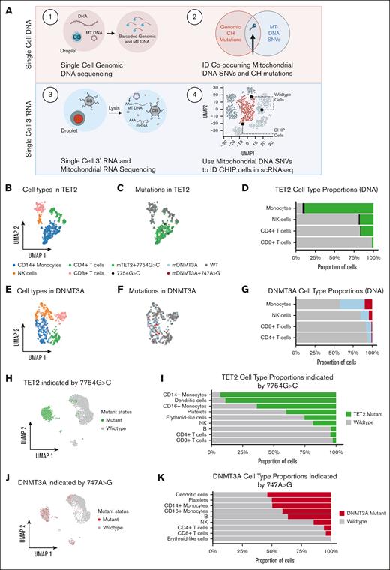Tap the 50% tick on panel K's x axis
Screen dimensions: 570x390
coord(272,553)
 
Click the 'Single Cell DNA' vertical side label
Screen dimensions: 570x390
coord(9,50)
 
